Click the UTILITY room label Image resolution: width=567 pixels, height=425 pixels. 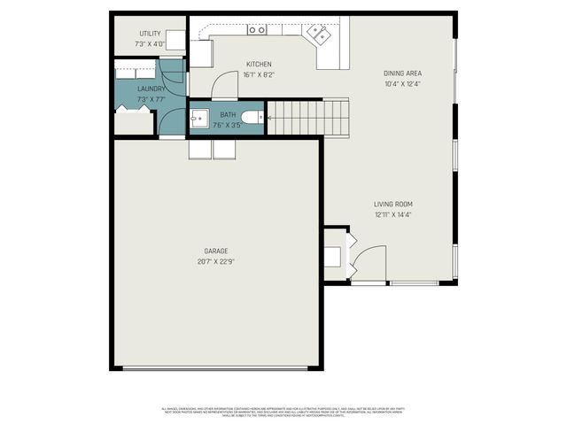pyautogui.click(x=150, y=34)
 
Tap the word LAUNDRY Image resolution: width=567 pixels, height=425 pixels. pyautogui.click(x=151, y=89)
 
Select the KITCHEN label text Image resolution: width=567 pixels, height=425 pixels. pyautogui.click(x=259, y=64)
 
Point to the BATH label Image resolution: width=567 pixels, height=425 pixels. pyautogui.click(x=229, y=115)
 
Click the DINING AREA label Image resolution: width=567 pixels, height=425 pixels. pyautogui.click(x=401, y=73)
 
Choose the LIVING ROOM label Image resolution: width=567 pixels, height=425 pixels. pyautogui.click(x=393, y=204)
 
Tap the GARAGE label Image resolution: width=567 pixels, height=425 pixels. pyautogui.click(x=216, y=251)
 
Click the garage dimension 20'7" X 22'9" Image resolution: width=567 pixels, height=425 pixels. pyautogui.click(x=216, y=261)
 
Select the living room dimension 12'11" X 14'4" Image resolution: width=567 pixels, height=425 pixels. pyautogui.click(x=393, y=214)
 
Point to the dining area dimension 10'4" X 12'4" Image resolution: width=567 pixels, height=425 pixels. pyautogui.click(x=401, y=83)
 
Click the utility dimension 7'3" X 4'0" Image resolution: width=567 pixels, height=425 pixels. pyautogui.click(x=150, y=43)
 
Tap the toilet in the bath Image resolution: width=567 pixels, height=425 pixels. pyautogui.click(x=252, y=117)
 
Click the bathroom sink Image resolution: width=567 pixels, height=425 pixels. pyautogui.click(x=198, y=117)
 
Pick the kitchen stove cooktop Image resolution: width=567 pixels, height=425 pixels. pyautogui.click(x=257, y=29)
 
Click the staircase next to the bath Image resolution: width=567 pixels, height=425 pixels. pyautogui.click(x=307, y=117)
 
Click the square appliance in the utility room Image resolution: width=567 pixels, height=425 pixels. pyautogui.click(x=176, y=40)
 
